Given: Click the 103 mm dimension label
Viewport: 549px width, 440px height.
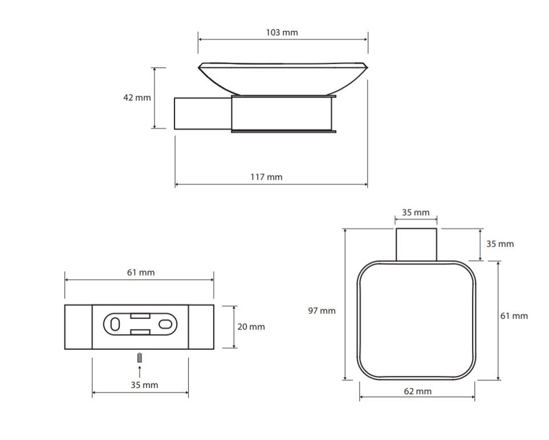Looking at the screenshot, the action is click(x=282, y=33).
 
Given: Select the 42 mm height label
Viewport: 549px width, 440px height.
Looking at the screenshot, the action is click(x=137, y=98).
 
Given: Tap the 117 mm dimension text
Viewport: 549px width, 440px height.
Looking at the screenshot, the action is click(x=266, y=177).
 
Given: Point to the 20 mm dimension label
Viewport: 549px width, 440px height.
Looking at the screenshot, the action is click(x=251, y=327).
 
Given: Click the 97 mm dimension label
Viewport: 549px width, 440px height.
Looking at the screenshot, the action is click(x=322, y=310).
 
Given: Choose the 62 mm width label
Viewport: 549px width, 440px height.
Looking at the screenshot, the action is click(x=418, y=391).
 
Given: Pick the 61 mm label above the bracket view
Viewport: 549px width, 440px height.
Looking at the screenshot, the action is click(x=141, y=272).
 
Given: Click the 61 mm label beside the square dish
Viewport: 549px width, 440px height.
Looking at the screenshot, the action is click(x=514, y=316).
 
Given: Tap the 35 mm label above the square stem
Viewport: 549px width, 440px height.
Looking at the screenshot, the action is click(x=416, y=212).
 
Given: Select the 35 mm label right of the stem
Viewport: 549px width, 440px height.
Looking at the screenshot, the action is click(x=500, y=244).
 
